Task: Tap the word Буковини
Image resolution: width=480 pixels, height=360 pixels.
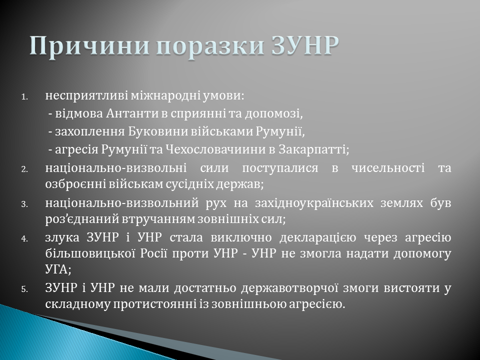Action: (162, 131)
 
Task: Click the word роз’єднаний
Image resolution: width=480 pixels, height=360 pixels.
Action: (76, 219)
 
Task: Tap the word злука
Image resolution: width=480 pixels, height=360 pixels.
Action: (61, 237)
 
